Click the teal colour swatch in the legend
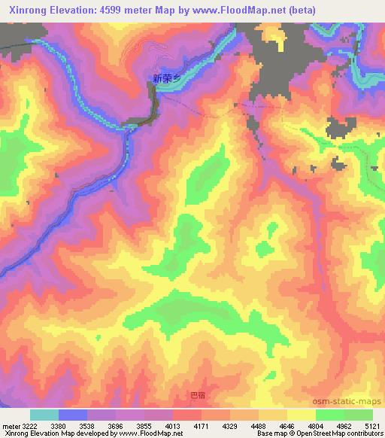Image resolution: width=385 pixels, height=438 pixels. (44, 415)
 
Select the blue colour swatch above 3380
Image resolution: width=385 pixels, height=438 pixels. (73, 415)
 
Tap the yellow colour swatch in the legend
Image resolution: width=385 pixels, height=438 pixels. (301, 415)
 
